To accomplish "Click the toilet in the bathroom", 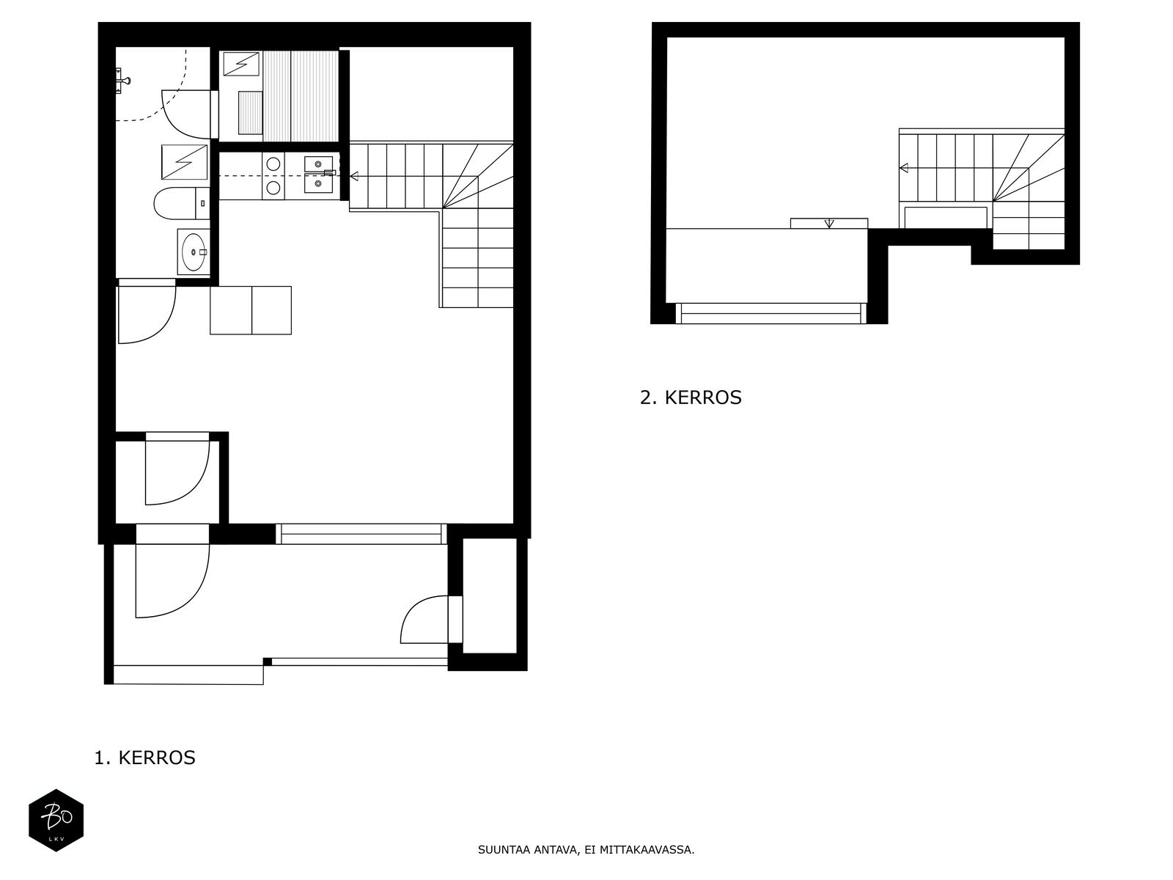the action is [x=182, y=203].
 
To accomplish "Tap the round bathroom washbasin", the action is [x=193, y=252].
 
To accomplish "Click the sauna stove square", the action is [x=241, y=64].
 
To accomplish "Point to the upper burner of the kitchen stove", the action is [x=273, y=164].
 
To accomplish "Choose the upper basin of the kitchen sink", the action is [x=318, y=164].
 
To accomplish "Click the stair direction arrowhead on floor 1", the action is [x=354, y=176].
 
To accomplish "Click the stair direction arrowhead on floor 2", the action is [x=904, y=168].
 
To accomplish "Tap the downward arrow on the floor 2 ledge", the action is [x=829, y=224].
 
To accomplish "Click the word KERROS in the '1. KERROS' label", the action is [x=157, y=758].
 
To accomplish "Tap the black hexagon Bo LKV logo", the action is [x=56, y=820].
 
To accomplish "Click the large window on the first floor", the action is [x=361, y=534].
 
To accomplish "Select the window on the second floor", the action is [x=771, y=313].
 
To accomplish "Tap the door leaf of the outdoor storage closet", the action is [x=455, y=619].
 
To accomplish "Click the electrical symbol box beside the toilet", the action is [x=184, y=162].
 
